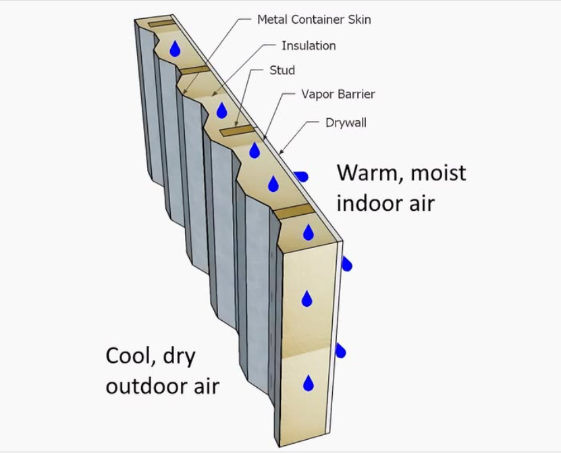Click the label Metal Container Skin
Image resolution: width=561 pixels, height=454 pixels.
(314, 20)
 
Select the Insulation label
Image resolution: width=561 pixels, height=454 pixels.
(309, 46)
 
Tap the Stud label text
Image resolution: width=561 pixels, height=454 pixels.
(282, 70)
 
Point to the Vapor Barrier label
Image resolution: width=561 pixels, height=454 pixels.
(338, 94)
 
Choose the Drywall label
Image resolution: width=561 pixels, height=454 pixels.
(346, 123)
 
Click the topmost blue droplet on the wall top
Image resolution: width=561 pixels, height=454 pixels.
(176, 49)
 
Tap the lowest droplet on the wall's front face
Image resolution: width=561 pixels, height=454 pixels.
(309, 383)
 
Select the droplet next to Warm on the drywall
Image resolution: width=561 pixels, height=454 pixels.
(301, 177)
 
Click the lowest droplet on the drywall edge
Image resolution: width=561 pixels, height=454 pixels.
(341, 351)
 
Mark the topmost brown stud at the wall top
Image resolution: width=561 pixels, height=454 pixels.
(161, 25)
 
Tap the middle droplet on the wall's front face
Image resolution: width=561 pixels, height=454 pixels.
(307, 298)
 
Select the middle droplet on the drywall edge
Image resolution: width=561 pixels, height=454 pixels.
(346, 263)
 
